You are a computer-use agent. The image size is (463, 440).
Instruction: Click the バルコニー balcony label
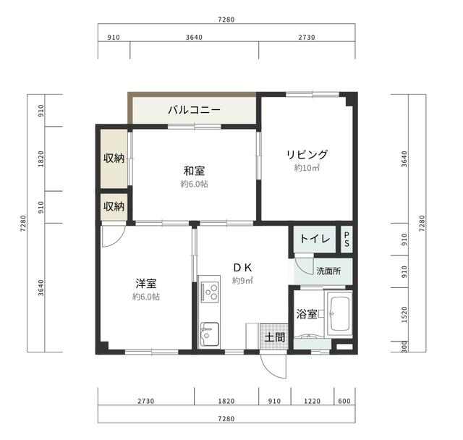pyautogui.click(x=195, y=110)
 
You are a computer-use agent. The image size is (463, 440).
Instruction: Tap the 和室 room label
pyautogui.click(x=195, y=171)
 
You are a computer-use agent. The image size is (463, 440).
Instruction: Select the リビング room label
pyautogui.click(x=307, y=154)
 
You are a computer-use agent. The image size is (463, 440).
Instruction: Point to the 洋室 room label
pyautogui.click(x=146, y=284)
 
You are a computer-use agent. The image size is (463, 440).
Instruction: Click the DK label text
pyautogui.click(x=243, y=268)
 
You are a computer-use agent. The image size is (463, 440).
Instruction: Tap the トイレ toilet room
pyautogui.click(x=315, y=239)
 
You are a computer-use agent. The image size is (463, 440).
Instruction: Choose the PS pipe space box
pyautogui.click(x=347, y=239)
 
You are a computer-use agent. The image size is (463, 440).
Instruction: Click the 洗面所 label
pyautogui.click(x=328, y=271)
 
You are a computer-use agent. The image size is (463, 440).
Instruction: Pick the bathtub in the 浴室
pyautogui.click(x=339, y=313)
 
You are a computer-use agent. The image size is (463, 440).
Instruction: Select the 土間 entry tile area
pyautogui.click(x=274, y=337)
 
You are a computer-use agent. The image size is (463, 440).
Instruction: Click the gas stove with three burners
pyautogui.click(x=210, y=292)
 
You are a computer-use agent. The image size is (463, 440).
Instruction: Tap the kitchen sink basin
pyautogui.click(x=209, y=334)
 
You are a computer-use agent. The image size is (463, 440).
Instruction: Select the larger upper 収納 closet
pyautogui.click(x=114, y=158)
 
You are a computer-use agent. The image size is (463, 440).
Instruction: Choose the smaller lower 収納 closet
pyautogui.click(x=114, y=207)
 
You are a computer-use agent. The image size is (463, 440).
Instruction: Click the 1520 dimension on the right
pyautogui.click(x=404, y=314)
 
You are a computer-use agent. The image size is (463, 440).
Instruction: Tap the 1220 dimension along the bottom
pyautogui.click(x=312, y=401)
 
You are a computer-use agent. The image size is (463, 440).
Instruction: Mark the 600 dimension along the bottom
pyautogui.click(x=344, y=401)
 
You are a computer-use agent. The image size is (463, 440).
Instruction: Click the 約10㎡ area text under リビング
pyautogui.click(x=307, y=168)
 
